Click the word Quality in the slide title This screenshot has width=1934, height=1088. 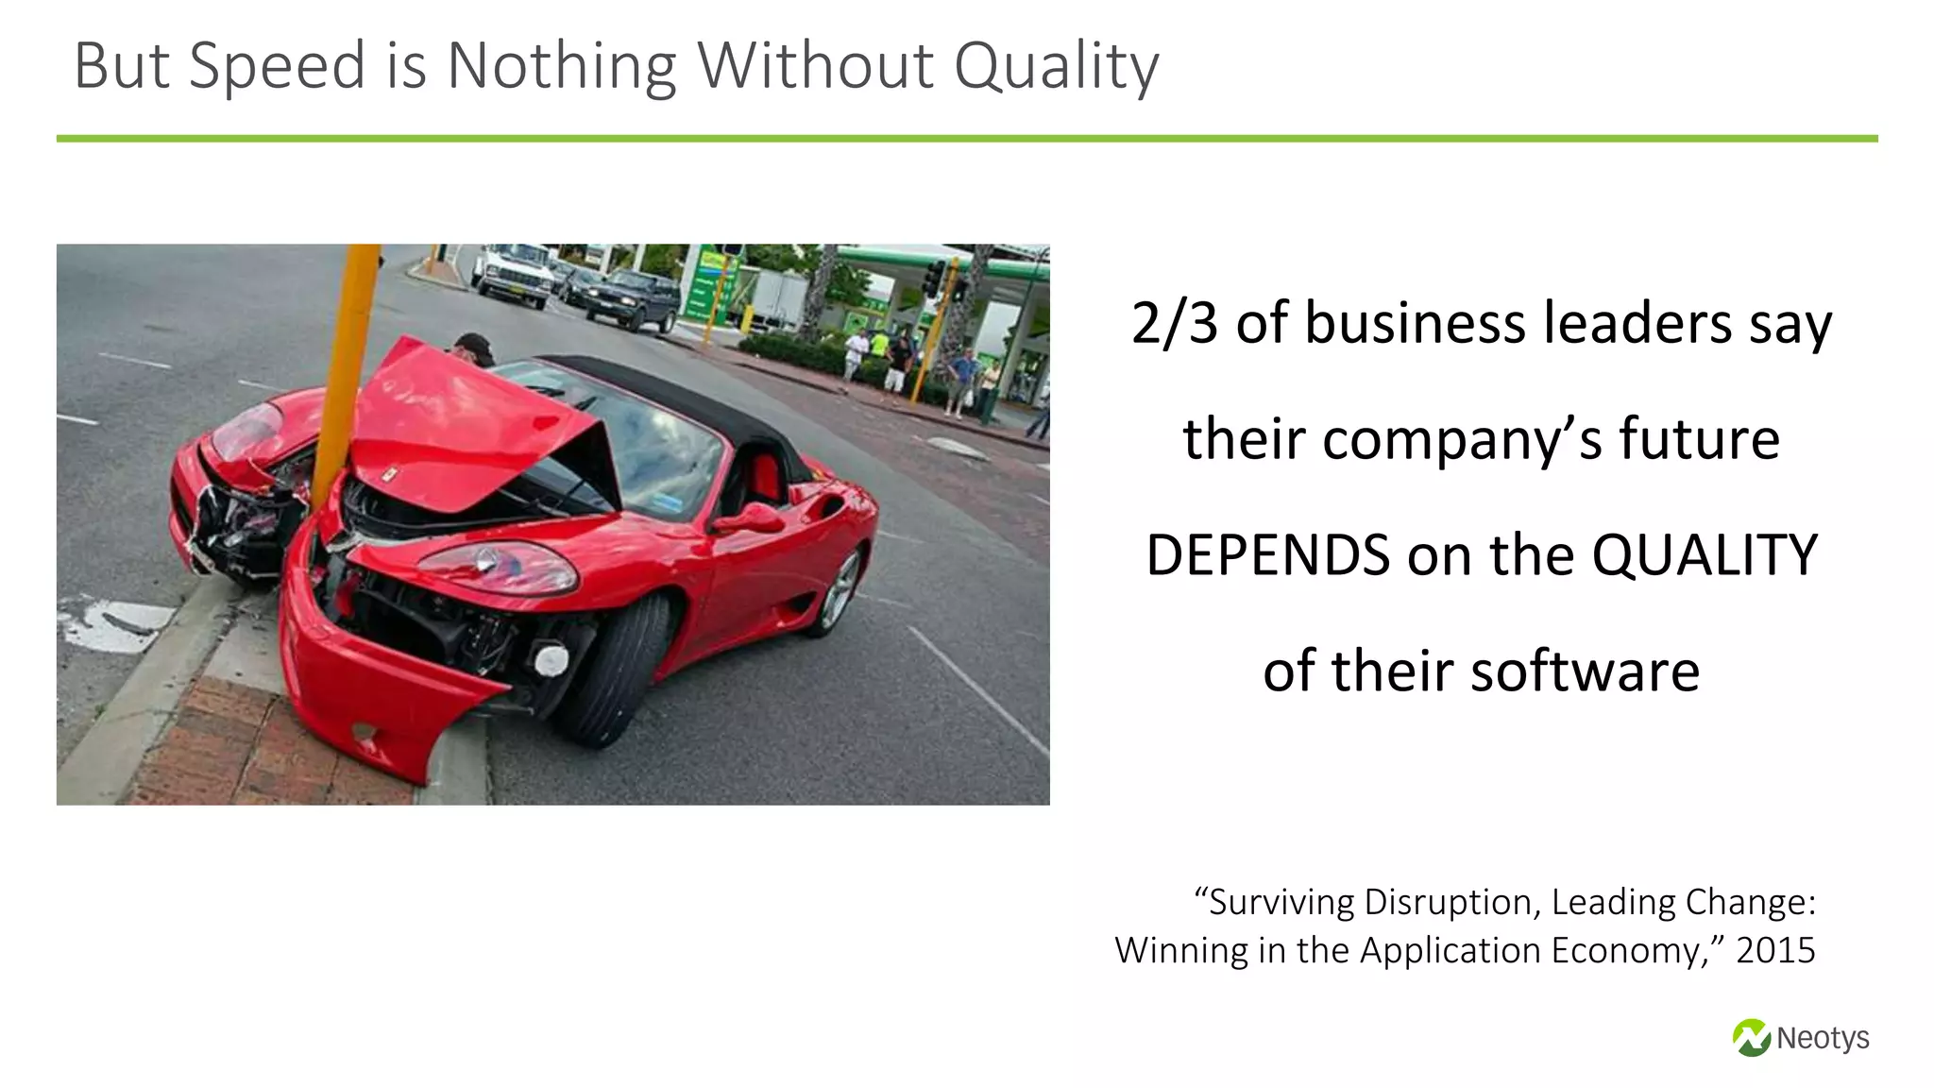[x=1056, y=66]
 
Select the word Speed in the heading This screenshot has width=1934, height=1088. [x=277, y=66]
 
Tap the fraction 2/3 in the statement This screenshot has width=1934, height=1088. [x=1175, y=323]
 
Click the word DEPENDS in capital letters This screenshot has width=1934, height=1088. [x=1267, y=555]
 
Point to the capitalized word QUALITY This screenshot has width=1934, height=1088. [x=1705, y=555]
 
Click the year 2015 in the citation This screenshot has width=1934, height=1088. [x=1775, y=950]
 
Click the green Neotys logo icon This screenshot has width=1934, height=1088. [x=1751, y=1037]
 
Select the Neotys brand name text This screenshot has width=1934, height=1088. [x=1823, y=1038]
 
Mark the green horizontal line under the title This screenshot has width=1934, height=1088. [x=967, y=139]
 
